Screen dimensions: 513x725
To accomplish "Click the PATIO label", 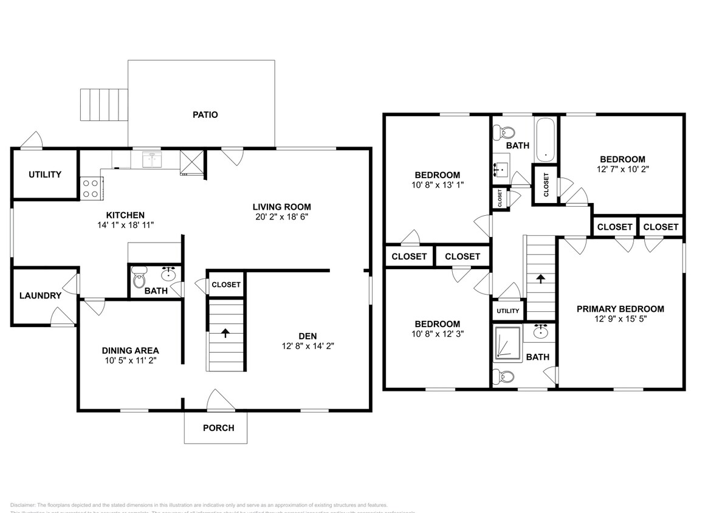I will (x=205, y=114).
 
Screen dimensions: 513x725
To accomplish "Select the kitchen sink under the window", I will (x=151, y=160).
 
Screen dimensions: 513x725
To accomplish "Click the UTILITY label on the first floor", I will (x=45, y=174).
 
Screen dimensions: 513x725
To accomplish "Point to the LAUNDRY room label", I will (x=40, y=296).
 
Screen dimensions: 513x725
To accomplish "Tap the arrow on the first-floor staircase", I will (x=225, y=332).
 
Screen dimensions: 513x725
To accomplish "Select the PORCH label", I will (x=218, y=428).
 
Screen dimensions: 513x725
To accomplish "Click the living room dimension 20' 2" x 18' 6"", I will (x=282, y=217).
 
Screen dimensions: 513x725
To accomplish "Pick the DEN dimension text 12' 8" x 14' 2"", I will (x=307, y=346).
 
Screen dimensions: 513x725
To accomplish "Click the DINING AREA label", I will (x=130, y=350).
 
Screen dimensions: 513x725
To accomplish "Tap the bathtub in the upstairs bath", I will (x=546, y=139).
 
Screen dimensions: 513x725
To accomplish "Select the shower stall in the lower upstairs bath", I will (x=507, y=345).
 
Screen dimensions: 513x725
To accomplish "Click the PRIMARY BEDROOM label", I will (x=620, y=309).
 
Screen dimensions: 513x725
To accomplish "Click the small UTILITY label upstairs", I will (x=507, y=311).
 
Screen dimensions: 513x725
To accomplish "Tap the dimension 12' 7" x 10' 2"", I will (x=622, y=170).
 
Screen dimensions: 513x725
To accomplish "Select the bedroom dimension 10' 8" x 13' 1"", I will (x=438, y=184).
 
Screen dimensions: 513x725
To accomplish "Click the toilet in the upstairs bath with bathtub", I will (x=504, y=131).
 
